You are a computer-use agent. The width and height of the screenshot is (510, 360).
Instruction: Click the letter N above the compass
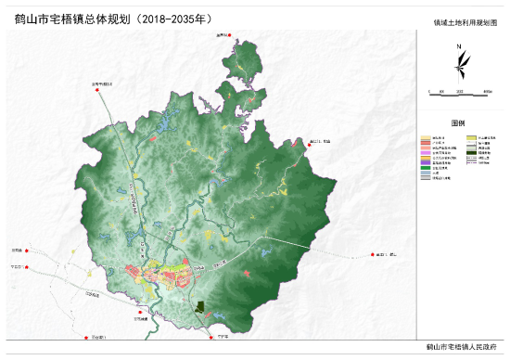point(458,46)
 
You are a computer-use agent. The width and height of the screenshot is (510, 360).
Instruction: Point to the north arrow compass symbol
point(458,65)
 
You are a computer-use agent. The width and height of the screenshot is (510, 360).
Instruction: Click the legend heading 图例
point(458,122)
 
